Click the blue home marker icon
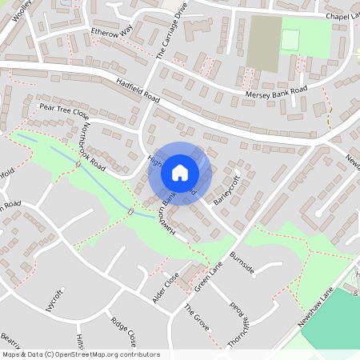pyautogui.click(x=180, y=173)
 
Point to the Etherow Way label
pyautogui.click(x=111, y=33)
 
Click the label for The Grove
pyautogui.click(x=195, y=318)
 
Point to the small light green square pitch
pyautogui.click(x=290, y=39)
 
